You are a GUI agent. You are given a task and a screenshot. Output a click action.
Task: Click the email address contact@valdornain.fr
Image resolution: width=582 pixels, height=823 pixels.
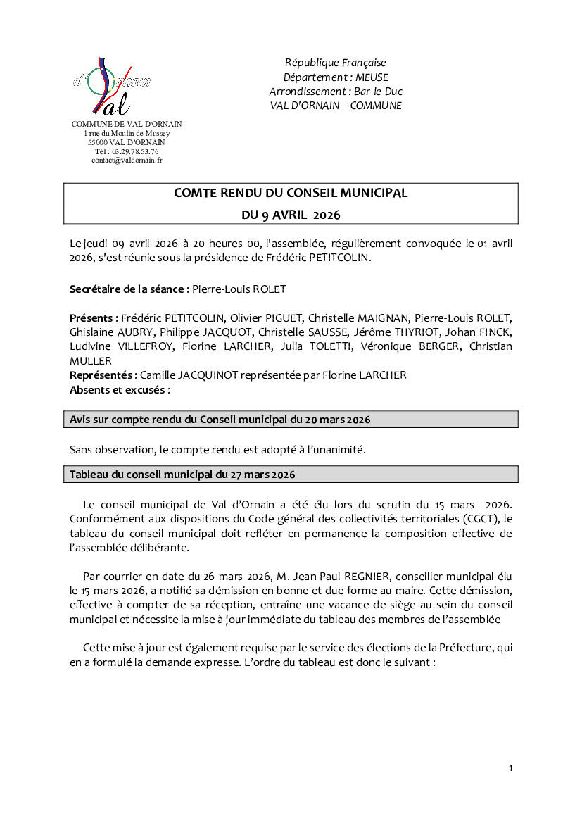click(x=127, y=161)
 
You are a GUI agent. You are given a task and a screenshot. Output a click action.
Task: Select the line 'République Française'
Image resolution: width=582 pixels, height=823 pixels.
click(x=335, y=63)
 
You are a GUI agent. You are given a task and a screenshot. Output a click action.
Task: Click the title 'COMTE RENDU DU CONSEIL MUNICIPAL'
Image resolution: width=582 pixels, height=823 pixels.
click(x=291, y=193)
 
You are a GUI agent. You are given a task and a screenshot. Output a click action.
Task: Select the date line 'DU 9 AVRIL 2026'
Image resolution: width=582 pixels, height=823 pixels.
click(x=291, y=213)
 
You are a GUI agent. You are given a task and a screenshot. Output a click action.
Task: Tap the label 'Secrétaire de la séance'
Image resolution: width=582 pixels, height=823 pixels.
click(x=127, y=289)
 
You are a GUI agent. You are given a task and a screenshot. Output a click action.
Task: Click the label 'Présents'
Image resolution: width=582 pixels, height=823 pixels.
click(x=91, y=318)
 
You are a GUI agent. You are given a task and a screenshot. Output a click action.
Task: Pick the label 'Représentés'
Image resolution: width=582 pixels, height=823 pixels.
click(x=101, y=375)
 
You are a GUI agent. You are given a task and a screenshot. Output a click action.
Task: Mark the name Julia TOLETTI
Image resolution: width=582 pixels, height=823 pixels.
click(x=320, y=346)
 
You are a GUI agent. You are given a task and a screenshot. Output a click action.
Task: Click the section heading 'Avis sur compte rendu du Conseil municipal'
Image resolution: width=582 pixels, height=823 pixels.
click(x=220, y=420)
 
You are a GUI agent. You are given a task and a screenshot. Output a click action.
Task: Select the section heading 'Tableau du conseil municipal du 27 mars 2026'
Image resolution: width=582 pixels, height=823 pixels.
click(x=182, y=475)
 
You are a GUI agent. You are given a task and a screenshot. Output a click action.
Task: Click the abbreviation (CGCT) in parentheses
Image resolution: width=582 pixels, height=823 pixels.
click(x=479, y=519)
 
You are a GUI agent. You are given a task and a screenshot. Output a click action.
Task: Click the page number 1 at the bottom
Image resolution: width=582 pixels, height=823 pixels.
click(x=510, y=768)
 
